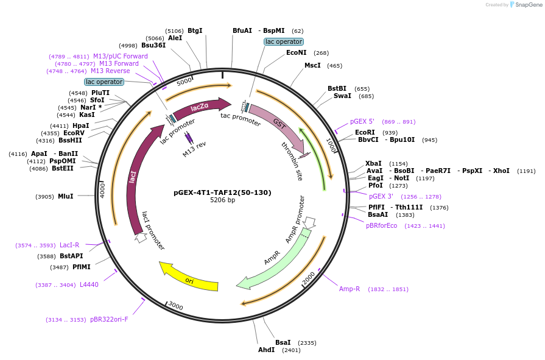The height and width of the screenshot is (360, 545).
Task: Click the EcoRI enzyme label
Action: pyautogui.click(x=365, y=132)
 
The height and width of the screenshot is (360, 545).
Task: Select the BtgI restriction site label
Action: pyautogui.click(x=195, y=30)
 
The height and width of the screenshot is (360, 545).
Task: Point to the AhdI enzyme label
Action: pyautogui.click(x=267, y=350)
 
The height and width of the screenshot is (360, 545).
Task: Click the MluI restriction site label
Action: pyautogui.click(x=65, y=196)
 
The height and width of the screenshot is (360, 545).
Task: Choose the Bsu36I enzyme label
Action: pyautogui.click(x=153, y=45)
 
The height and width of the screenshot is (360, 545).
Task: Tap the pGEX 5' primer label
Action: pyautogui.click(x=362, y=121)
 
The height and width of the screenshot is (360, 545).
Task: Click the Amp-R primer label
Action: pyautogui.click(x=350, y=289)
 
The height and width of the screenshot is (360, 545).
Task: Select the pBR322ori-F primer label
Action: pyautogui.click(x=109, y=319)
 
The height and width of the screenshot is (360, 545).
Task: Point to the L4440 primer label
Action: pyautogui.click(x=89, y=284)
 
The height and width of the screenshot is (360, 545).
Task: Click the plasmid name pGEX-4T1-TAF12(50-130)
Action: pyautogui.click(x=222, y=192)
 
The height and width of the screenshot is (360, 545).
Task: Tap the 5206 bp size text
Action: pyautogui.click(x=222, y=200)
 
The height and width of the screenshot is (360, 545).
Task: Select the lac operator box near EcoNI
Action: pyautogui.click(x=283, y=41)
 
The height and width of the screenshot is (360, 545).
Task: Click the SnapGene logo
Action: pyautogui.click(x=525, y=5)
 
